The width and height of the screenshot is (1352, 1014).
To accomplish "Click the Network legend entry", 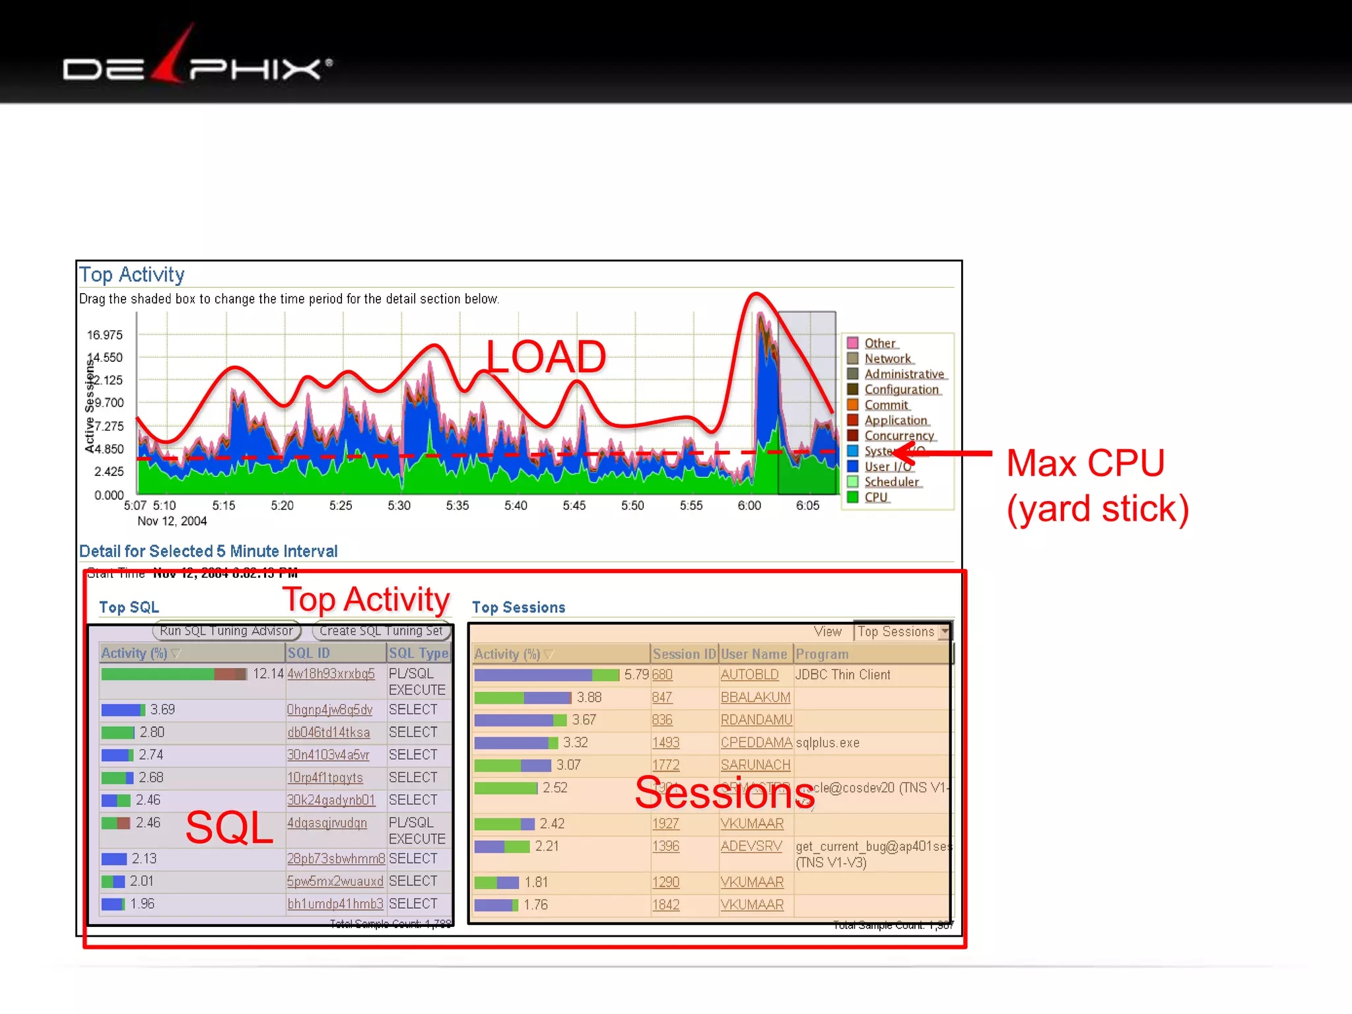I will click(887, 358).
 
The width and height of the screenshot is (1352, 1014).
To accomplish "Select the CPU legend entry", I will click(876, 497).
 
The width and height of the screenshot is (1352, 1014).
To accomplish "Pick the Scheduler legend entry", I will click(891, 482).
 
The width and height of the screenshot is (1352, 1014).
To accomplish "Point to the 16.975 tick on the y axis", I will click(105, 335).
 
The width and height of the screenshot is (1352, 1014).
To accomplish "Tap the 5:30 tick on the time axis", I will click(399, 506).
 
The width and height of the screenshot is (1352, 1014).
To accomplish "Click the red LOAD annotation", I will click(546, 357).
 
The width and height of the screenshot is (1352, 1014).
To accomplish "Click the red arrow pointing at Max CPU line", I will click(944, 453).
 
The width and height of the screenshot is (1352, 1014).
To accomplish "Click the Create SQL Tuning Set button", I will click(381, 631).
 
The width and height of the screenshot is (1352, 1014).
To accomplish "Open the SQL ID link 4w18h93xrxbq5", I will click(331, 674).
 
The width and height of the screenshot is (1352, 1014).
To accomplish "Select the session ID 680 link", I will click(662, 675).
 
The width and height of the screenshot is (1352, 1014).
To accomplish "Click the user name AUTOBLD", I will click(749, 675).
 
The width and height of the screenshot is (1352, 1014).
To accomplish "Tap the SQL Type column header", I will click(419, 654).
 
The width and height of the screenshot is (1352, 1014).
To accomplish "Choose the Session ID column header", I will click(684, 654).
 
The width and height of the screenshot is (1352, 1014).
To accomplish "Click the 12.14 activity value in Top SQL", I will click(268, 674).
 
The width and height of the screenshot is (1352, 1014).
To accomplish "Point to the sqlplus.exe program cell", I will click(828, 743).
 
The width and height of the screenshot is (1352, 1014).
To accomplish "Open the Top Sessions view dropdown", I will click(945, 632).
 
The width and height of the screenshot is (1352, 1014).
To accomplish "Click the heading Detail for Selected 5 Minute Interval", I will click(208, 551).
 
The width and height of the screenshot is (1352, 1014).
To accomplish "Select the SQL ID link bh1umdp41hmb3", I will click(335, 904).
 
